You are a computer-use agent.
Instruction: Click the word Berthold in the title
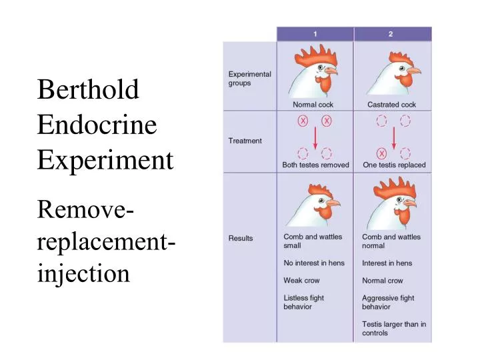88,90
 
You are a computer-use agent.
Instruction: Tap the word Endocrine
97,125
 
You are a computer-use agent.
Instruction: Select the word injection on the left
83,272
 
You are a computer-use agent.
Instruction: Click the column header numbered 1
315,33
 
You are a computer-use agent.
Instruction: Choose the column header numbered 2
393,33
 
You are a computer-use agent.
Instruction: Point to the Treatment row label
245,141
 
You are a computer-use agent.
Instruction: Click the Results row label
241,238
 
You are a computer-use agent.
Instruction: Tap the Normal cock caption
313,105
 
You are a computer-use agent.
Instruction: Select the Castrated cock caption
391,105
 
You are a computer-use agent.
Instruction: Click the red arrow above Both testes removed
315,137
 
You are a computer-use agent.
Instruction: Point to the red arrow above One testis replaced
393,137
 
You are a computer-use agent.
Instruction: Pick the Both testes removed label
315,165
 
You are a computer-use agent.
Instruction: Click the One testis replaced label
394,165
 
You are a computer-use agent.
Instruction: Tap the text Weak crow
301,281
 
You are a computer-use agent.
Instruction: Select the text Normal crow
382,281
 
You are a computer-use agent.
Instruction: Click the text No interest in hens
314,263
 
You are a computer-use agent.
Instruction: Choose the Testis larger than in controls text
394,329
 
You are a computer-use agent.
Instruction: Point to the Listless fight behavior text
303,303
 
